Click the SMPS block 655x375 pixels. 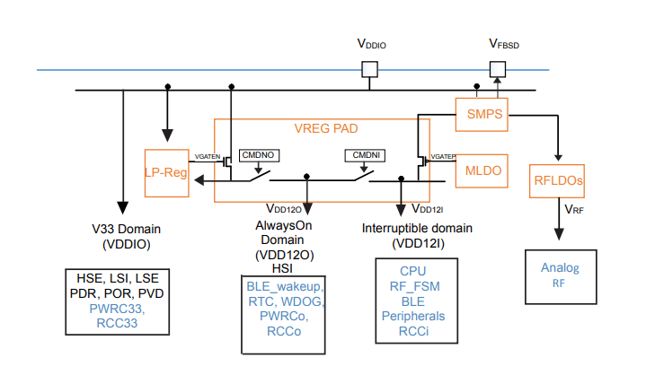click(x=483, y=114)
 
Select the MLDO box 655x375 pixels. click(x=482, y=170)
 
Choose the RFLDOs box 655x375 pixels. click(x=559, y=180)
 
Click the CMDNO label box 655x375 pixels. click(x=257, y=155)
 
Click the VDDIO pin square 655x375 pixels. click(x=369, y=69)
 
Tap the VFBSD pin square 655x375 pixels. click(x=497, y=69)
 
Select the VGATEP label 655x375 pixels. click(x=443, y=157)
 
